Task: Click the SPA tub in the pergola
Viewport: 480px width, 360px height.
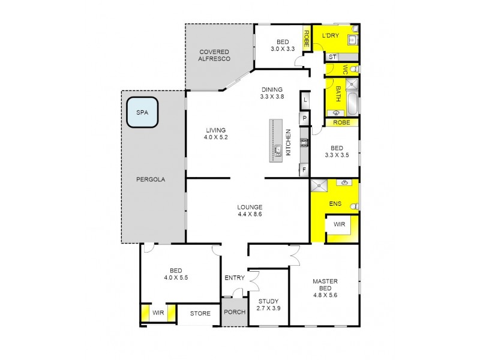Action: point(142,112)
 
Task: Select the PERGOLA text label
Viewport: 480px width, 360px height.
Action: point(150,179)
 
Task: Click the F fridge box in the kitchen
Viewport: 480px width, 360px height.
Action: point(304,170)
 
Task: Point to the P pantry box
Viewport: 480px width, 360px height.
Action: point(304,119)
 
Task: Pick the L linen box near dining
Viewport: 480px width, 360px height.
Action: point(304,99)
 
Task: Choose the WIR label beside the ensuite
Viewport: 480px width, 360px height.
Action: point(340,224)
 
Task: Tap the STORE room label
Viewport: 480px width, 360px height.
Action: point(200,313)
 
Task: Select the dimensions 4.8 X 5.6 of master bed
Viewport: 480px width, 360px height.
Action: point(326,295)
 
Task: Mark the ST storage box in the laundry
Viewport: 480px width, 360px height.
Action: point(331,57)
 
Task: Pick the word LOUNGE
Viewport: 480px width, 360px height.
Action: point(249,207)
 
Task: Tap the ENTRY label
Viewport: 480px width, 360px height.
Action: point(235,278)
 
